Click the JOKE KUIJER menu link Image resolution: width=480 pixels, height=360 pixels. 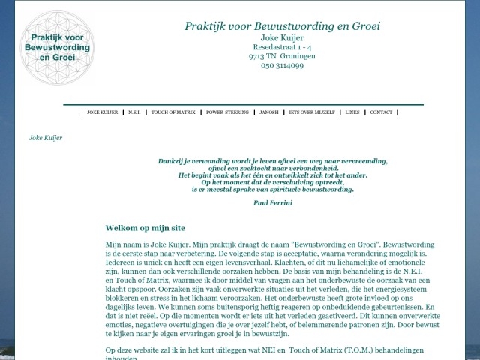[x=103, y=112]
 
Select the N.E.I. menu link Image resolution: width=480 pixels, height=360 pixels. [x=134, y=112]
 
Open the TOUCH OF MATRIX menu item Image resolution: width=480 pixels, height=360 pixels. [x=173, y=112]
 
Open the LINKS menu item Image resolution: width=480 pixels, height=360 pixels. [x=352, y=112]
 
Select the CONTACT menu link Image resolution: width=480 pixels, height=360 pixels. [x=381, y=112]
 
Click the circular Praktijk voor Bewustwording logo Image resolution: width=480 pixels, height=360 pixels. [x=58, y=47]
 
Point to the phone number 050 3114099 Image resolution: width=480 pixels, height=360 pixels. [x=282, y=65]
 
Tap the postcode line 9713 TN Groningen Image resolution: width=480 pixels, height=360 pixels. [x=282, y=56]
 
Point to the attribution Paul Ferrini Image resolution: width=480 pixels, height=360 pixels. [x=273, y=203]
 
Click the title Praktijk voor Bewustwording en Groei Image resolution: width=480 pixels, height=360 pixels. [x=282, y=26]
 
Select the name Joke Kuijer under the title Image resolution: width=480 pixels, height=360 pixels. [x=282, y=37]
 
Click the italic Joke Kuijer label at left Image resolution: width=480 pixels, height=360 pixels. [x=45, y=138]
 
